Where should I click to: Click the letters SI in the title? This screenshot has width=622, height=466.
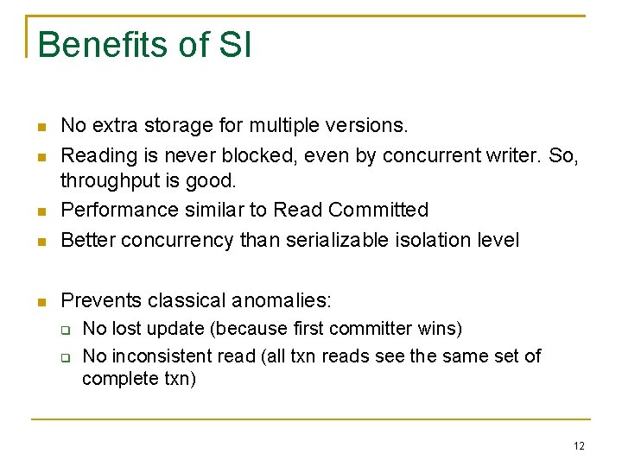click(235, 45)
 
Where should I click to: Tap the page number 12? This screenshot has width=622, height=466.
click(579, 445)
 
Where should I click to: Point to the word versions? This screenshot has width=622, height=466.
click(370, 126)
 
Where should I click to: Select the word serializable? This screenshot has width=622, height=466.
click(332, 239)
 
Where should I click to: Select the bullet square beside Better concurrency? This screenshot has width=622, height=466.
click(41, 241)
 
